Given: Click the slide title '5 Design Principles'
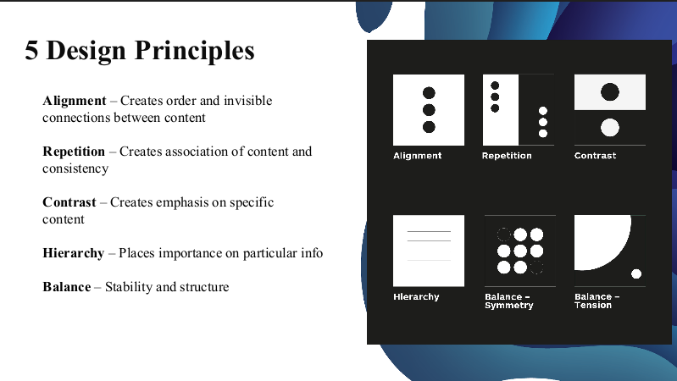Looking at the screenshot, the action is tap(140, 51).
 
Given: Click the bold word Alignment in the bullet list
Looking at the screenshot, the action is tap(75, 101).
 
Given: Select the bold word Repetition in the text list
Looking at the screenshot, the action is tap(74, 152).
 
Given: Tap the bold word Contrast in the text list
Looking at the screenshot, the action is tap(69, 202).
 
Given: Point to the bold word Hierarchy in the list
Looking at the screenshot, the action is tap(74, 253).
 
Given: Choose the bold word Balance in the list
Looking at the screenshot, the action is tap(66, 287).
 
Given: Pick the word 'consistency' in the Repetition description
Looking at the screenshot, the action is tap(75, 168).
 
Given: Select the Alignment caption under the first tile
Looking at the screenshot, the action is tap(417, 156).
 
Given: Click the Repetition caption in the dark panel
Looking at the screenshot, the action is tap(507, 156).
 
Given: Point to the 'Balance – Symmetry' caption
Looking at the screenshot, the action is tap(509, 301).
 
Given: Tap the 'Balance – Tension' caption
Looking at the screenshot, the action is tap(597, 301).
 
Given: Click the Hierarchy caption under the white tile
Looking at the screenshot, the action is tap(416, 297).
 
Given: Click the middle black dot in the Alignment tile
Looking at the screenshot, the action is tap(429, 110).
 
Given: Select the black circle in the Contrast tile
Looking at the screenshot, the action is tap(610, 92).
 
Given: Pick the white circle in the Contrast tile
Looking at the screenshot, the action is tap(610, 128).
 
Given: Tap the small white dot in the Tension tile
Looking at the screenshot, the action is tap(636, 273).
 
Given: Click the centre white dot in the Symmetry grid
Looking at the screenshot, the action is tap(520, 251).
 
